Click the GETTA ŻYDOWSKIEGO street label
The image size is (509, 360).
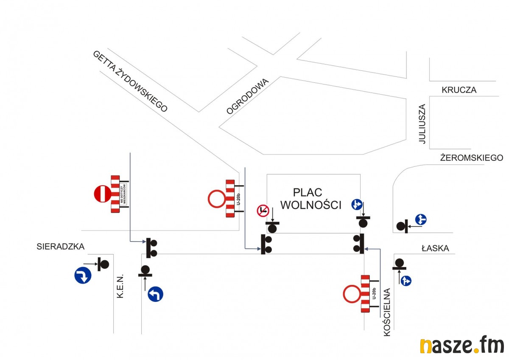(x=130, y=81)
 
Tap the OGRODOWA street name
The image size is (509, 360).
(x=248, y=96)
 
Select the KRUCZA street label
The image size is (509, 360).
(x=459, y=90)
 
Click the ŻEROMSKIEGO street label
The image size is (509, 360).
(x=471, y=158)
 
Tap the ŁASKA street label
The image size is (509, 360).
(x=435, y=248)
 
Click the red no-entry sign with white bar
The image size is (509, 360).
(x=102, y=194)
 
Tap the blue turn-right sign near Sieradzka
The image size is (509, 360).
(x=83, y=275)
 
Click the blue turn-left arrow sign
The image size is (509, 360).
(x=155, y=294)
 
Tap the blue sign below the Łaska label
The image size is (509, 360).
(x=406, y=281)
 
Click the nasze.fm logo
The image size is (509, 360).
(x=462, y=346)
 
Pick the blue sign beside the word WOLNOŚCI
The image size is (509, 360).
(x=356, y=205)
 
